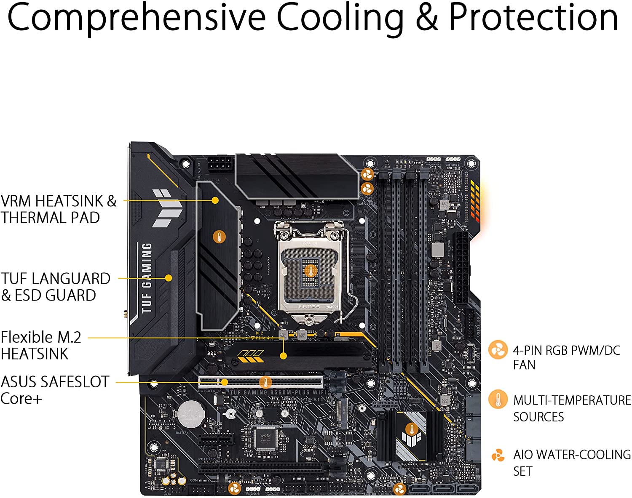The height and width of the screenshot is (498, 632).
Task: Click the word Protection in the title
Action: pos(533,18)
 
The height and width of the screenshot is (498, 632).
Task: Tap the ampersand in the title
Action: pos(427,18)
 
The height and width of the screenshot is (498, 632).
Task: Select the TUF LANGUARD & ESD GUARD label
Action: pos(55,287)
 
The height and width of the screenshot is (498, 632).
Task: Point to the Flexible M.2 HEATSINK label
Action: pos(41,345)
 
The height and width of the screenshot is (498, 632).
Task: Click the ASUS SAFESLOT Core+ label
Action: pos(55,390)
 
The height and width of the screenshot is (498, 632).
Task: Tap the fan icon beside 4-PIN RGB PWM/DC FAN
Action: pos(498,350)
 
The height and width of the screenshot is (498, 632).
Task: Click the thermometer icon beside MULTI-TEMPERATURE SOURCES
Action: pos(498,399)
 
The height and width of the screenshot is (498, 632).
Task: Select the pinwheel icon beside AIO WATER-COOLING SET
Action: pos(498,455)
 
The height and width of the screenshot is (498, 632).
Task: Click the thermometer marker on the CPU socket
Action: pos(311,271)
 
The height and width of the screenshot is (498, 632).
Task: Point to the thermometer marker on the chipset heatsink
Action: pos(411,429)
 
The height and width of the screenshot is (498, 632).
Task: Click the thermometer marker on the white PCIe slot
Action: pos(265,383)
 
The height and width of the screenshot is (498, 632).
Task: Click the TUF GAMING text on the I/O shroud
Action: pos(146,278)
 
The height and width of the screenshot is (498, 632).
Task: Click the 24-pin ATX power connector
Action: pos(461,268)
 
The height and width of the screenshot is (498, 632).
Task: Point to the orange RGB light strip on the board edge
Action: pos(476,202)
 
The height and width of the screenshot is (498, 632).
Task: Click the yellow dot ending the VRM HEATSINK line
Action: pos(215,200)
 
